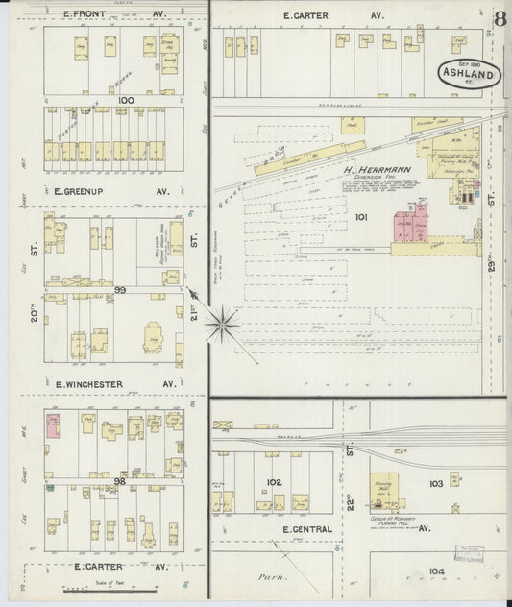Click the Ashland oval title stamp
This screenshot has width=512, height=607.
(x=471, y=73)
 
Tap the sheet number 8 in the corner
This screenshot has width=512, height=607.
(x=500, y=19)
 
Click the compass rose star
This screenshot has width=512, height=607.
(x=222, y=325)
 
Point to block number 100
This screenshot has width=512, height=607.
(x=123, y=99)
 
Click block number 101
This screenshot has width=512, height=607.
(x=361, y=217)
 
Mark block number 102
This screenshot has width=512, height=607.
(x=274, y=482)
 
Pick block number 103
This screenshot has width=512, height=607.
(x=435, y=483)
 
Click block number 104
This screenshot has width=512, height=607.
(x=437, y=571)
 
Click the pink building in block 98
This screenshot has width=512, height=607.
(x=53, y=425)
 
